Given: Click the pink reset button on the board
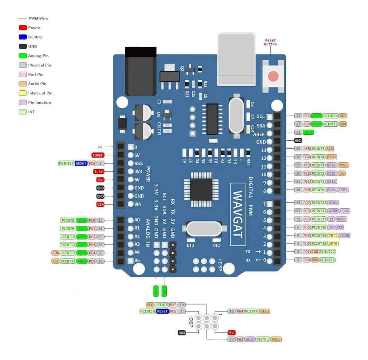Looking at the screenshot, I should pos(273,76).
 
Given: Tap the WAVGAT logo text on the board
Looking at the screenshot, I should pos(238,213).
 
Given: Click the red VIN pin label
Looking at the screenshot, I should pos(100,205).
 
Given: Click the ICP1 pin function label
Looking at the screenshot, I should pos(344,190).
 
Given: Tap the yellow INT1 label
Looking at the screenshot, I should pos(333,235).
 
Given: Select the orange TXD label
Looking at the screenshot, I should pos(315,252).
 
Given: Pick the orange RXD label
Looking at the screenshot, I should pos(315,260).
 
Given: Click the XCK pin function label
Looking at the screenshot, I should pos(340,227).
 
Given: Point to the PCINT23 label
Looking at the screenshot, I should pos(319,203).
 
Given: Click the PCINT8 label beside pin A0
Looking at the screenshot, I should pos(68,221).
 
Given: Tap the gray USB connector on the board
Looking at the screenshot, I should pos(236,59).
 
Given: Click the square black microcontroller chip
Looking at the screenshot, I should pos(197,186).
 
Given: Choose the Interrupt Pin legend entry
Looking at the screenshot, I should pos(40,93).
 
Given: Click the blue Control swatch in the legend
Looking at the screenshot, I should pos(23,37).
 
